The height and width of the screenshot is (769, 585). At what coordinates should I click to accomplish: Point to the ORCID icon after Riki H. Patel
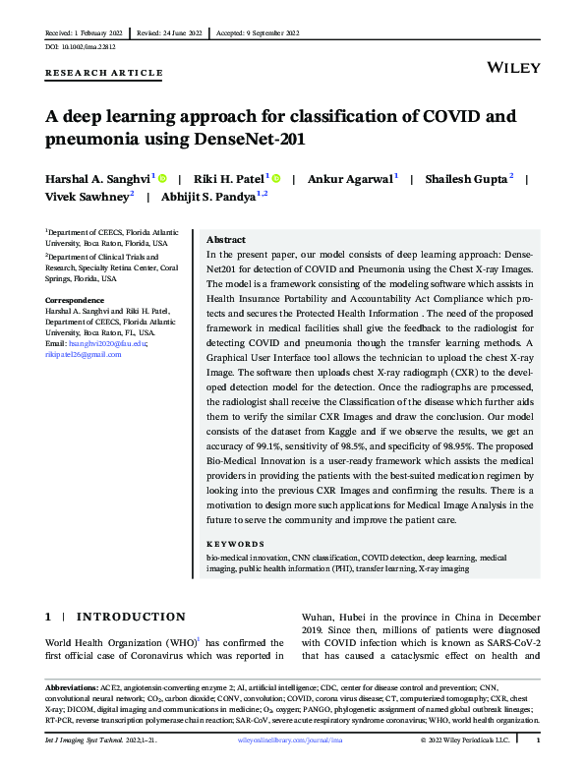pyautogui.click(x=276, y=178)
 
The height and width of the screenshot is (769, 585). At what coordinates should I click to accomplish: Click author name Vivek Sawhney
pyautogui.click(x=87, y=196)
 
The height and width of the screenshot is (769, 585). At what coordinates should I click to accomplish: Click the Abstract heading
pyautogui.click(x=226, y=239)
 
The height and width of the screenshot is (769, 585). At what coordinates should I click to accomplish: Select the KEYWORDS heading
pyautogui.click(x=235, y=544)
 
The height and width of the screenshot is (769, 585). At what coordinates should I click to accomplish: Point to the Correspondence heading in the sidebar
pyautogui.click(x=76, y=299)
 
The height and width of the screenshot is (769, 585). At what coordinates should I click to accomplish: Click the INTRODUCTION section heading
pyautogui.click(x=130, y=617)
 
